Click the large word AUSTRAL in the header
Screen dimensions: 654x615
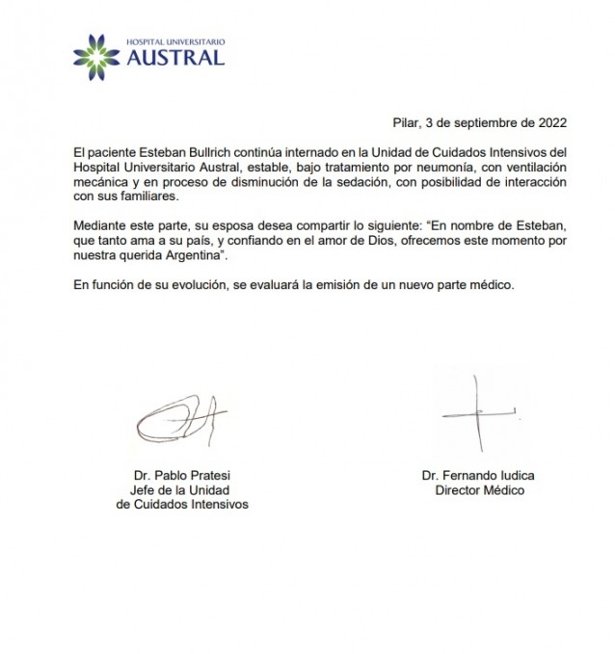pyautogui.click(x=176, y=58)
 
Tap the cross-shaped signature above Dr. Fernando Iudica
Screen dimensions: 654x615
pyautogui.click(x=473, y=411)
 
